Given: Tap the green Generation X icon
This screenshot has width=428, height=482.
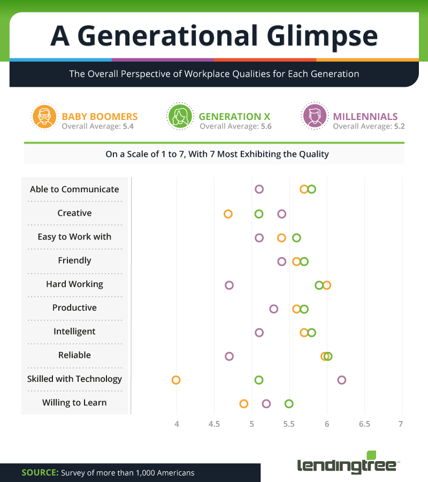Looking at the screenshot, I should [180, 116].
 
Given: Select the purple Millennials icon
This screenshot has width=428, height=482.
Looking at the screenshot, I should [314, 116].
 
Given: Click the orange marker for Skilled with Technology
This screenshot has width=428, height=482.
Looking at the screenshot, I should [175, 380].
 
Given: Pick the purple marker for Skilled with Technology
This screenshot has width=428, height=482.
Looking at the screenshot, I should [341, 380].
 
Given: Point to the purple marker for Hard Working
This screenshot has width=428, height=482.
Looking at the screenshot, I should [229, 285].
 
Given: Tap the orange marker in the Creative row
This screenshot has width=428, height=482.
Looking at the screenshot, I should [228, 214].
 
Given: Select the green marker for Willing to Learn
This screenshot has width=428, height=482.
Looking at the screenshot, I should [289, 403].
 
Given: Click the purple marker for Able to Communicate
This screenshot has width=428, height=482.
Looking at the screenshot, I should [259, 189].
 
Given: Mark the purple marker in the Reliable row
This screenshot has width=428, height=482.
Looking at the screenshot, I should [229, 356].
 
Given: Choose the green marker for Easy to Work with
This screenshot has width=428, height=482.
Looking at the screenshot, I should [296, 237].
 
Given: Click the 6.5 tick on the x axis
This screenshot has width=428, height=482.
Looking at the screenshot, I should [364, 424].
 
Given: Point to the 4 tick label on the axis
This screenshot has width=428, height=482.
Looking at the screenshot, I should [176, 424].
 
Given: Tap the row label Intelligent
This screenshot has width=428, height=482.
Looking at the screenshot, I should [74, 332].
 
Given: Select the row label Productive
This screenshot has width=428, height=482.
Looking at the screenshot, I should [74, 308].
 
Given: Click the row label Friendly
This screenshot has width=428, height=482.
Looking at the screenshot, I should [74, 260].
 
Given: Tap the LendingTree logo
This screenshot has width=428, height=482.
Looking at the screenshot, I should [348, 464].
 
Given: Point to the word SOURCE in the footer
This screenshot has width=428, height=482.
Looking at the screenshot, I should [39, 473].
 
